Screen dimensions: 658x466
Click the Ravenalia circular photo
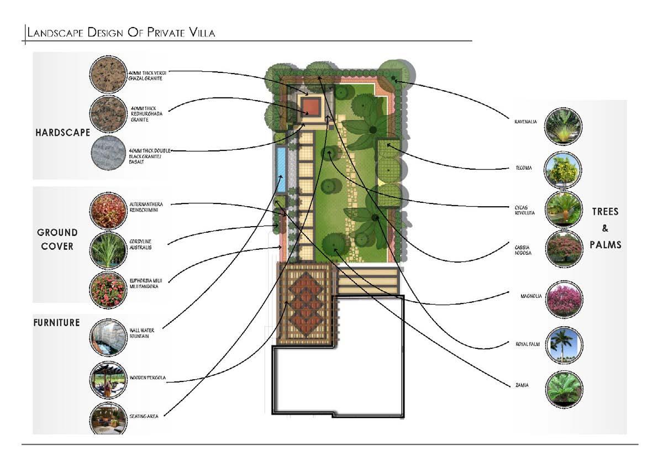[x=563, y=127]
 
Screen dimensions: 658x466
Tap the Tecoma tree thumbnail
[x=563, y=170]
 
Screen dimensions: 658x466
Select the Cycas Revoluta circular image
[x=564, y=209]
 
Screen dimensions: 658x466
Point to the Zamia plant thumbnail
[x=564, y=389]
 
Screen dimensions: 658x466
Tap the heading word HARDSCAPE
[x=62, y=133]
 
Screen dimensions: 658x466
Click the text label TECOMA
[x=520, y=167]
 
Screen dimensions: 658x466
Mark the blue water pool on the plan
[x=281, y=169]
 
